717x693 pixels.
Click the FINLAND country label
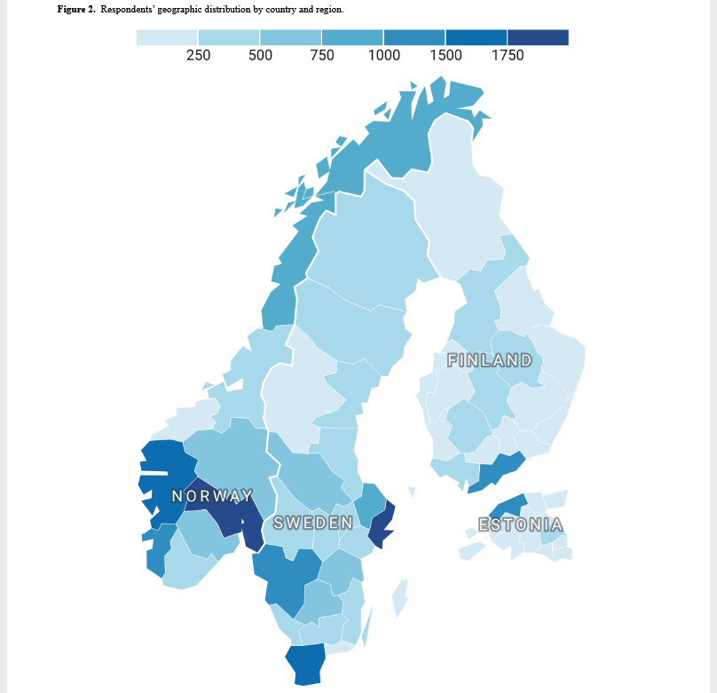pos(490,360)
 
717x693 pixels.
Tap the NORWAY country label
pos(212,496)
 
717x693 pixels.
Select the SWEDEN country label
pos(312,523)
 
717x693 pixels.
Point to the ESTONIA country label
pos(520,524)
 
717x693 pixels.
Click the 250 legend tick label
pos(198,55)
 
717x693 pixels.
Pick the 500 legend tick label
pos(260,55)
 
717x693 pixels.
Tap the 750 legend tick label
pos(322,55)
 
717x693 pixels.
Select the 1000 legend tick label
pos(383,55)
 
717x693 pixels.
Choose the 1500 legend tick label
pos(445,55)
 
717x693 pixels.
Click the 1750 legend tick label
pos(508,55)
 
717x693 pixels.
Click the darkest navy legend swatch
pos(538,37)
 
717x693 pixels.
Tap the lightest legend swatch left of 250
pos(167,37)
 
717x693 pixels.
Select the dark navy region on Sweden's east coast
pos(382,528)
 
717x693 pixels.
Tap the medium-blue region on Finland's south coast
pos(497,470)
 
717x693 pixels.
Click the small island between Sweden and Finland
pos(411,491)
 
